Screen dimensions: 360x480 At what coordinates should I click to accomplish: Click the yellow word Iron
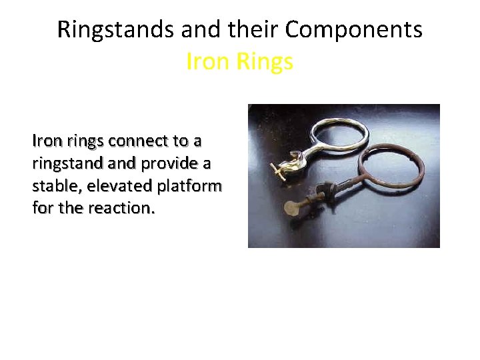[x=208, y=61]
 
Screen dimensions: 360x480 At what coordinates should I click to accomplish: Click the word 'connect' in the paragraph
[x=139, y=141]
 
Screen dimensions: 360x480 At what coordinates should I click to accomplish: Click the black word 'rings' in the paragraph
[x=82, y=141]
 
